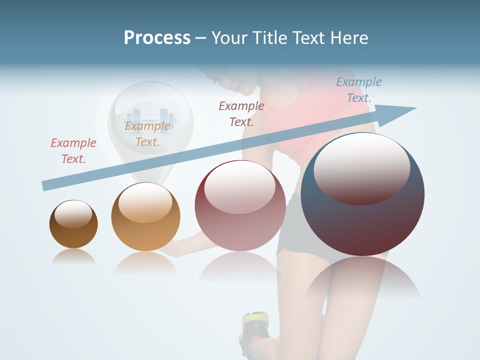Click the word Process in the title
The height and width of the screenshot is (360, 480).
tap(157, 38)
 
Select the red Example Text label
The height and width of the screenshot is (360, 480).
tap(73, 151)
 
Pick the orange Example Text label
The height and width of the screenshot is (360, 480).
tap(147, 134)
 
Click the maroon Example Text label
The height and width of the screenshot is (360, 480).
tap(241, 113)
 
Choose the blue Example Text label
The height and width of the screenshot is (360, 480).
tap(358, 90)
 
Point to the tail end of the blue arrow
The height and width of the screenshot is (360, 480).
tap(45, 185)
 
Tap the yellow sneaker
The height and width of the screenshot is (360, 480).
tap(255, 325)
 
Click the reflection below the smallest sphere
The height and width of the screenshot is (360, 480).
tap(73, 256)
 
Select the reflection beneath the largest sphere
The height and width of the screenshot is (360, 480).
tap(362, 280)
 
